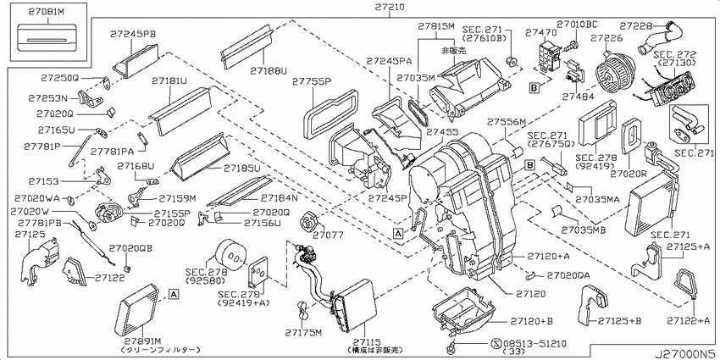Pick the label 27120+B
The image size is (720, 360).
[532, 321]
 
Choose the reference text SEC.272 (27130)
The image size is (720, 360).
[675, 58]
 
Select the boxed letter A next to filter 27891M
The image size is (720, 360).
[173, 293]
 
